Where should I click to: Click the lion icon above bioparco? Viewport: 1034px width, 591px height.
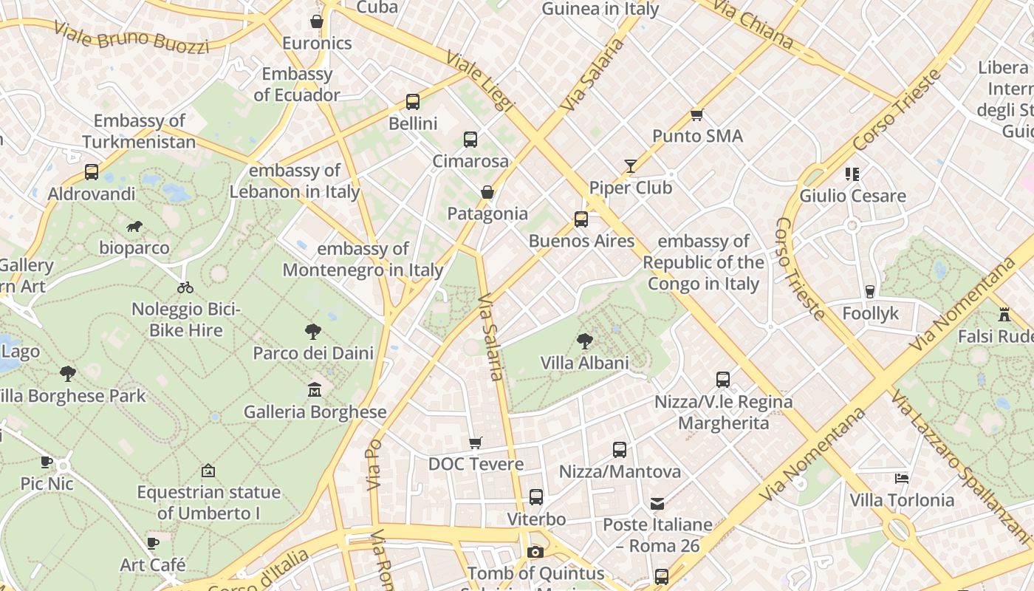[134, 226]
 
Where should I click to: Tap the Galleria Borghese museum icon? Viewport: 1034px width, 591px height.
[315, 389]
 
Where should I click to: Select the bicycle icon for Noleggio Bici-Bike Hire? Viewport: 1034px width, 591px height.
[185, 287]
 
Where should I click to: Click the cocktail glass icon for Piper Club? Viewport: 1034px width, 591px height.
[630, 165]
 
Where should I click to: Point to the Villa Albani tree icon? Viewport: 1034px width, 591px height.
[584, 341]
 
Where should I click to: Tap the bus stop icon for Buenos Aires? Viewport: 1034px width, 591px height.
[581, 219]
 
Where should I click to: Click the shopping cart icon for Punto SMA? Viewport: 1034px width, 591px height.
[696, 115]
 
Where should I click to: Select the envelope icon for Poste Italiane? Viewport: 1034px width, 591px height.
[657, 504]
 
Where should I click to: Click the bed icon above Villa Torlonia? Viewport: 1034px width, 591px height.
[901, 479]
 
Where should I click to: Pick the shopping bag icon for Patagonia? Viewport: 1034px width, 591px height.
[487, 192]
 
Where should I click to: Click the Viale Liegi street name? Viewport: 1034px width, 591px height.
[479, 81]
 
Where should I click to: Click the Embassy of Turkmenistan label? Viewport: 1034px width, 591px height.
[139, 131]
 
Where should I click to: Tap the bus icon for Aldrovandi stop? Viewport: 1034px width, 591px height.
[92, 172]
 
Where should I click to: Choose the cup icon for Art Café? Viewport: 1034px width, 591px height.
[153, 544]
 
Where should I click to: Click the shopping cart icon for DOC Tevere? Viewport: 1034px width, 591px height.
[476, 443]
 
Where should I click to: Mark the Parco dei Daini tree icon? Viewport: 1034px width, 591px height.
[313, 332]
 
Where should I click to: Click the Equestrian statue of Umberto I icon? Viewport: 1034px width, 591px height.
[208, 471]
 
